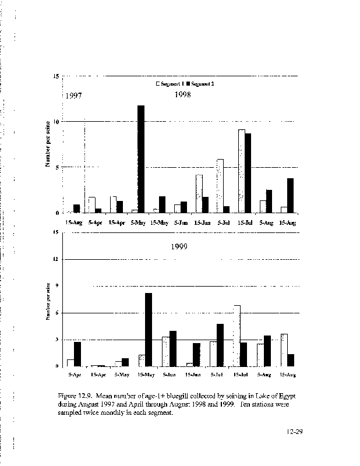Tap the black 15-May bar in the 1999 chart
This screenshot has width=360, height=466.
tap(149, 330)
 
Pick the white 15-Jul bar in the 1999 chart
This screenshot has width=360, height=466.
tap(237, 336)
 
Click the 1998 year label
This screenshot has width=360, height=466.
tap(183, 94)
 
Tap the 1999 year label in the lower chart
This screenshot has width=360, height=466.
tap(179, 246)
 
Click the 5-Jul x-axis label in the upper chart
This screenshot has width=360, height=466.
tap(223, 223)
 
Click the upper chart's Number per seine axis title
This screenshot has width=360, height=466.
tap(48, 143)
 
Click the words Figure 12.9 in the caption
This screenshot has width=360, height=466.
tap(75, 396)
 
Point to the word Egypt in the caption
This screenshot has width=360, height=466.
tap(273, 396)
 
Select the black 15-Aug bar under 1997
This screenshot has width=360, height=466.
tap(77, 209)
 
